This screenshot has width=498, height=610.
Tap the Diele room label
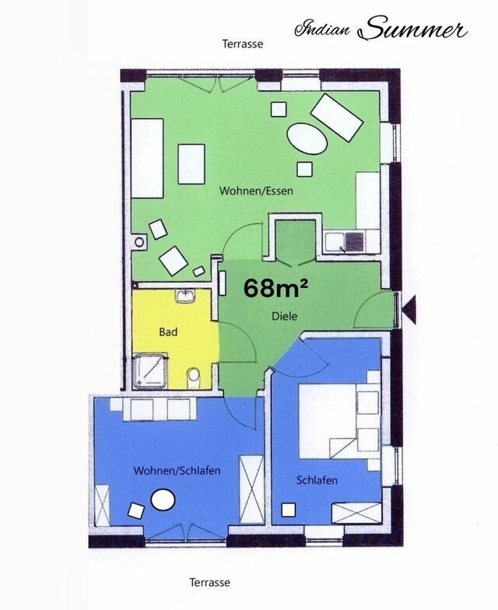point(285,316)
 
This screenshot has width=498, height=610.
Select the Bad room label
point(168,331)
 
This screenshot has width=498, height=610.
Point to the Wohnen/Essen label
point(256,191)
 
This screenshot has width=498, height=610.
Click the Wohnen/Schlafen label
point(177,470)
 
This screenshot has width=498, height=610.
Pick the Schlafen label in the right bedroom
point(317,480)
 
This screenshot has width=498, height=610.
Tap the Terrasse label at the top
point(243,44)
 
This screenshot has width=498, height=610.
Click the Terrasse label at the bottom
point(210,582)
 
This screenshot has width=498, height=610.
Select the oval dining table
point(307,139)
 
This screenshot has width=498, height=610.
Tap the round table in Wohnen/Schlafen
point(163,500)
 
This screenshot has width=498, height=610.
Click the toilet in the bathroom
point(193,378)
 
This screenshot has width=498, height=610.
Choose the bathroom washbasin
point(186,296)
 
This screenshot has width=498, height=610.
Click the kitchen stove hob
point(355,241)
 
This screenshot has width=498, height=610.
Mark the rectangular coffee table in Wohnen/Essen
point(191,164)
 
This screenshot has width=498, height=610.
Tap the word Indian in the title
point(322,30)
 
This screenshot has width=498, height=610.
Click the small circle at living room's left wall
point(139,242)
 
